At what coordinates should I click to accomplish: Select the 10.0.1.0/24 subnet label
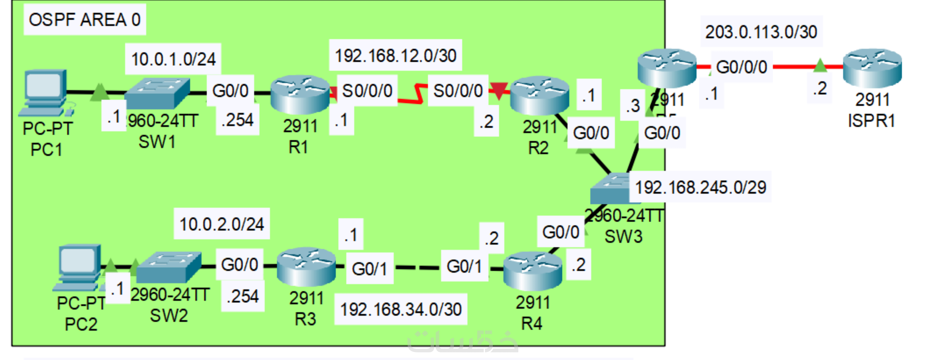(173, 59)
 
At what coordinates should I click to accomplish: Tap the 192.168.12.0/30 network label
(395, 55)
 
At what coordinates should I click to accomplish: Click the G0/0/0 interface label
(741, 67)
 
